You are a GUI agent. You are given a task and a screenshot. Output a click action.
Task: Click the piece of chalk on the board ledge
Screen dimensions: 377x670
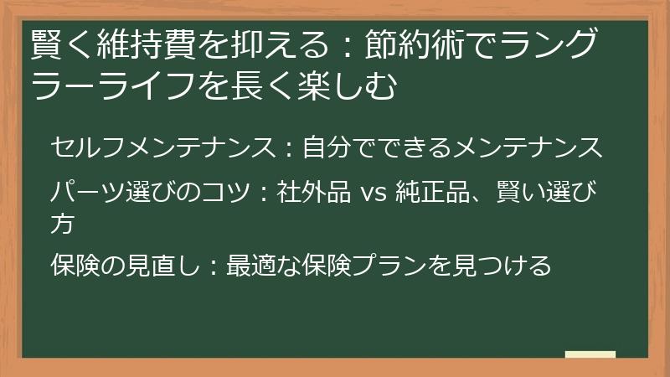[x=590, y=354]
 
